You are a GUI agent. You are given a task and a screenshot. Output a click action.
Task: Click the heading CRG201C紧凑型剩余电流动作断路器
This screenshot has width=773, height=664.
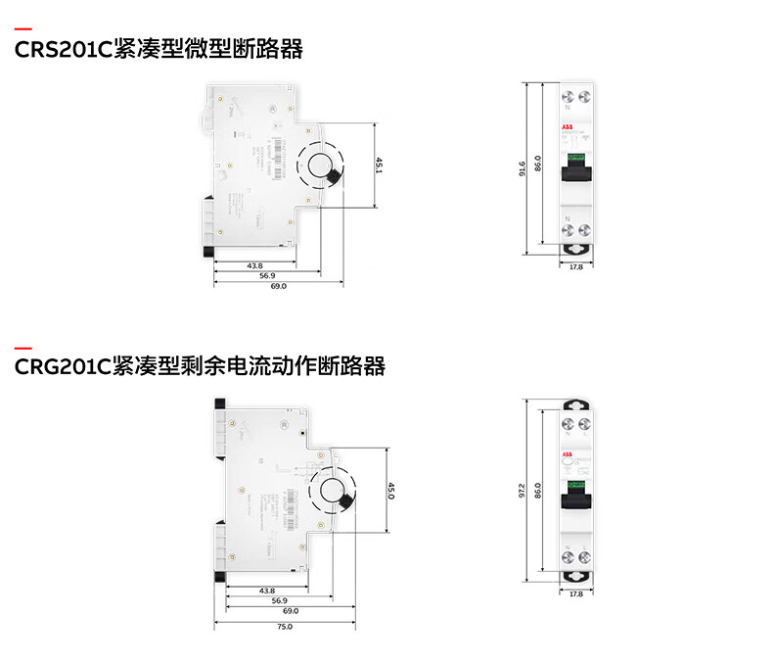point(201,367)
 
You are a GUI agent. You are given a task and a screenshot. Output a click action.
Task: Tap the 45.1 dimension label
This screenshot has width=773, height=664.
point(379,166)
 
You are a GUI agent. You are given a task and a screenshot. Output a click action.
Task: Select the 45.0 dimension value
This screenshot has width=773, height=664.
point(390,491)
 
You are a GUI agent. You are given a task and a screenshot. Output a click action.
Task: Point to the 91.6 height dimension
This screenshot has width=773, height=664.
point(523,168)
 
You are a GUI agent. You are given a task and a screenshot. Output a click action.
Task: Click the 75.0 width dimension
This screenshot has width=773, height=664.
point(284,626)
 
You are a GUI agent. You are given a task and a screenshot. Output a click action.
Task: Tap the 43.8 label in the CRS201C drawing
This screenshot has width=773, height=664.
point(254,265)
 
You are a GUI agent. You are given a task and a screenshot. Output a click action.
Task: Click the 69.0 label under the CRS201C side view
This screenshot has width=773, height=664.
point(279,286)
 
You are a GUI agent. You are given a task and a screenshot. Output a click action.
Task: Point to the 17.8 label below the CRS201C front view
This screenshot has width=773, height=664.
point(575,266)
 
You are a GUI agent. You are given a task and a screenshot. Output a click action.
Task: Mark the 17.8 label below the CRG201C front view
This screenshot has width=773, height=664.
point(575,593)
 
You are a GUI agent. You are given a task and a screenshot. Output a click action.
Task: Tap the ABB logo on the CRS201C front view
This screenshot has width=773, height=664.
point(568,128)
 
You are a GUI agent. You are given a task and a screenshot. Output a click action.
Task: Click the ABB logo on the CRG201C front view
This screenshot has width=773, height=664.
point(568,455)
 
